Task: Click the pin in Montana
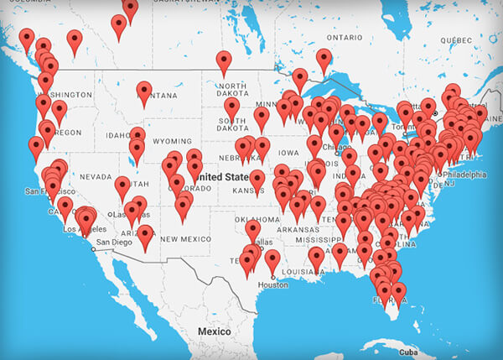[144, 91]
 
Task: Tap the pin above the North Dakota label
[224, 61]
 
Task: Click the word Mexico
[214, 332]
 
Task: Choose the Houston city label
[273, 285]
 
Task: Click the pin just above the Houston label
[272, 261]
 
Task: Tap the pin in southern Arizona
[146, 235]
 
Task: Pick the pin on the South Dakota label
[232, 107]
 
